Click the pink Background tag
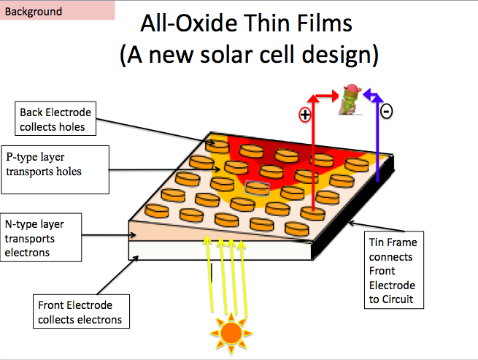click(x=58, y=10)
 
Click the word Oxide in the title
click(x=207, y=23)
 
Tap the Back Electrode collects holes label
click(x=55, y=119)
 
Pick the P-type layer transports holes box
click(x=55, y=169)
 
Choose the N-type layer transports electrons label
click(x=41, y=237)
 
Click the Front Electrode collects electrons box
click(x=81, y=311)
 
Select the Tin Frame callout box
click(x=394, y=270)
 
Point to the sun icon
click(x=231, y=333)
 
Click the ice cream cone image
click(x=351, y=99)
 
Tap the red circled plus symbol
click(x=305, y=115)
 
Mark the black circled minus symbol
click(x=386, y=111)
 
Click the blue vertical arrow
click(x=377, y=138)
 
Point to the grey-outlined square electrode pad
click(x=258, y=188)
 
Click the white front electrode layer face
click(x=220, y=250)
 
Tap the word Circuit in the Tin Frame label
click(x=398, y=299)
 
